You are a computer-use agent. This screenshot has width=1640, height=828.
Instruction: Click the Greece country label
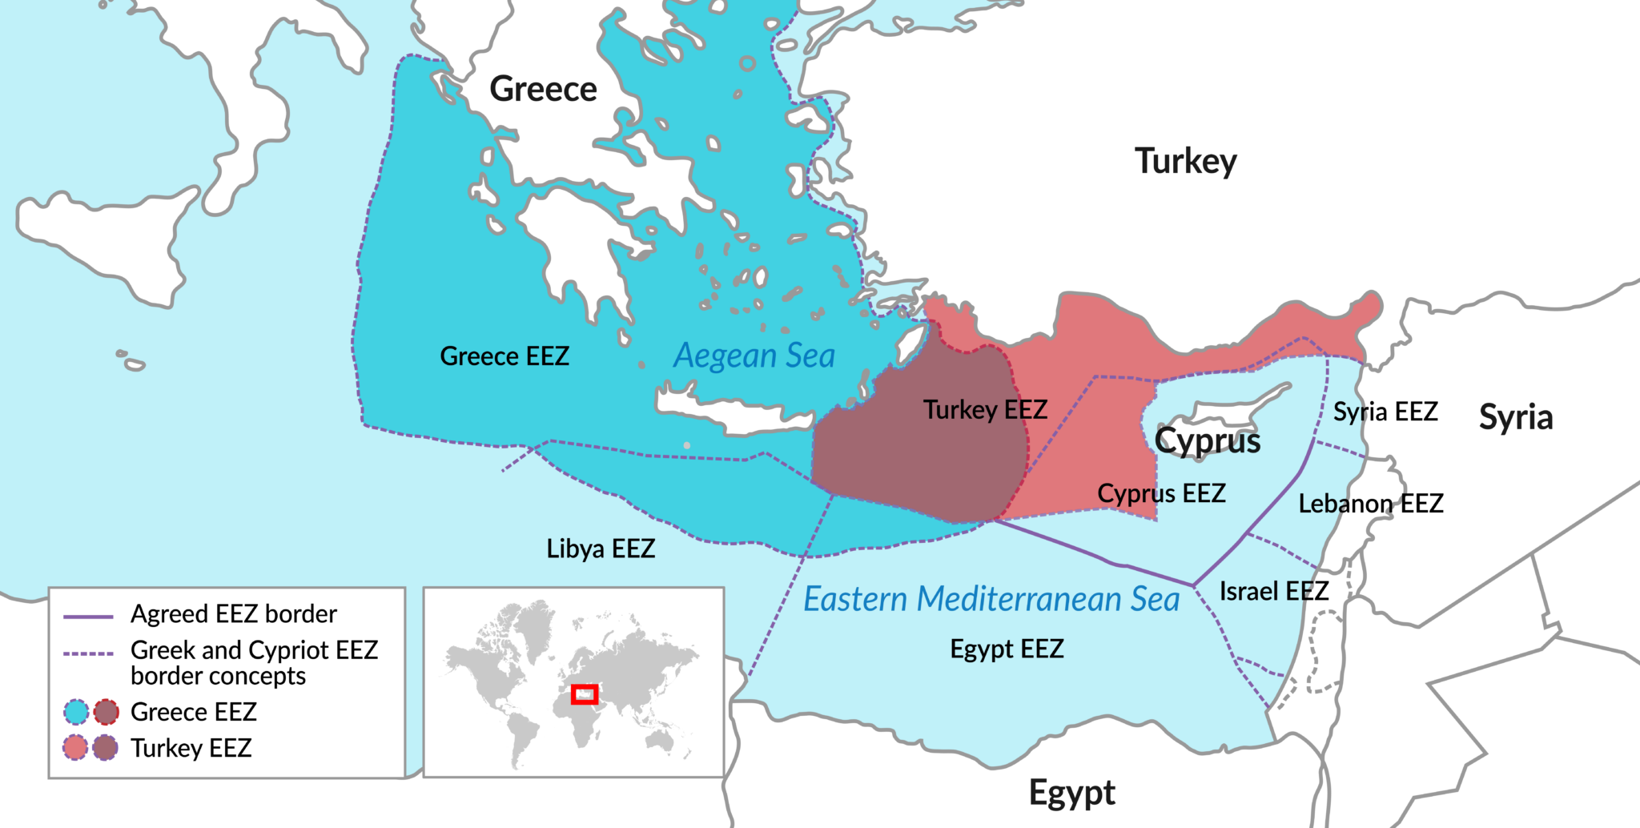[543, 89]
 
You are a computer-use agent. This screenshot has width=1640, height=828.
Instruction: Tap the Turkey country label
[1185, 162]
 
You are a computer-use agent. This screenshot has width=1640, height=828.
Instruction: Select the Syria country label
[1515, 417]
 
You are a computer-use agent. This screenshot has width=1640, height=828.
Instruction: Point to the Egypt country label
[1071, 793]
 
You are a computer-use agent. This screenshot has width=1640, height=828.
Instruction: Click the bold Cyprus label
[1208, 440]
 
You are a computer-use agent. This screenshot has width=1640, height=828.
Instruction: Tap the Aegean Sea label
[754, 356]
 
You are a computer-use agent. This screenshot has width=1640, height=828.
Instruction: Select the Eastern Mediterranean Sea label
[991, 599]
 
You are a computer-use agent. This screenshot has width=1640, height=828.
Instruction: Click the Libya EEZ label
[601, 549]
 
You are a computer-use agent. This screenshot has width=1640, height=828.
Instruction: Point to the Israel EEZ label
[1273, 591]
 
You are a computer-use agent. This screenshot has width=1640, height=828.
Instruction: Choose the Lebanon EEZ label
[1370, 504]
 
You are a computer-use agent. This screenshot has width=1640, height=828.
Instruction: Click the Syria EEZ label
[1385, 412]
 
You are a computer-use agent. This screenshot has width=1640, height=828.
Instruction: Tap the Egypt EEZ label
[1007, 648]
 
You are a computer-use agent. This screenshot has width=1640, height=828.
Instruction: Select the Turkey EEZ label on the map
[985, 410]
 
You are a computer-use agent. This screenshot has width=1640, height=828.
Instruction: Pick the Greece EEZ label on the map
[504, 356]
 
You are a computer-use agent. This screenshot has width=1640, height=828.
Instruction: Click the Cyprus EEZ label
[1161, 493]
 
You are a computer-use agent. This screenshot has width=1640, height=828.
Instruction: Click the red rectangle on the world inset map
[585, 694]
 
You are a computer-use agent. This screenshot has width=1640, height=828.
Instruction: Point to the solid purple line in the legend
[88, 617]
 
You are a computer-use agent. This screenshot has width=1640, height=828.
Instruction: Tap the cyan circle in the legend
[76, 711]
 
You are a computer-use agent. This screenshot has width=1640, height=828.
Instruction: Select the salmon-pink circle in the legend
[75, 748]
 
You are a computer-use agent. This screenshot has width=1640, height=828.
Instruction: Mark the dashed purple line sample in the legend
[88, 653]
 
